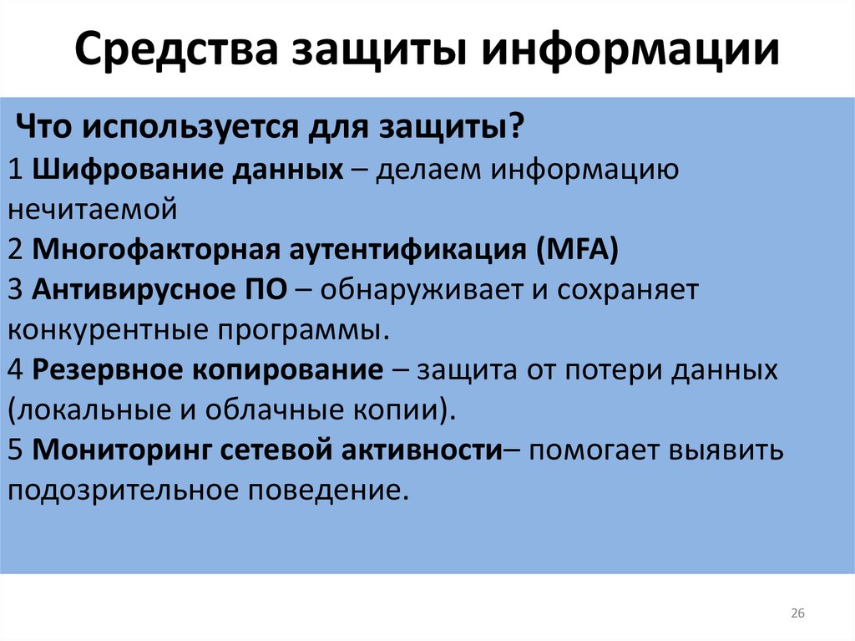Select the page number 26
point(797,614)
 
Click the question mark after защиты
point(518,129)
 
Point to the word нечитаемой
point(94,209)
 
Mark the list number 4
point(17,369)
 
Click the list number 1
point(17,169)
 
